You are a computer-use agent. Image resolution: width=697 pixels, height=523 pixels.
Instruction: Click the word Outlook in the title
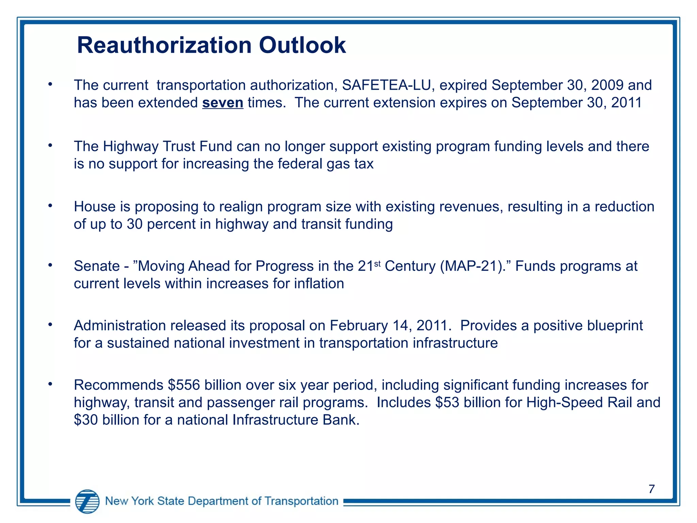(x=302, y=45)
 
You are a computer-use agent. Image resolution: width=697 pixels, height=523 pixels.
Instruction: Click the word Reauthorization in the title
(x=164, y=45)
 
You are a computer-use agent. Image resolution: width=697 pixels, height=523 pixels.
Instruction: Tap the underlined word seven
(x=223, y=103)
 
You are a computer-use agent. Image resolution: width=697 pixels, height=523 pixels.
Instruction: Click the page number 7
(x=651, y=489)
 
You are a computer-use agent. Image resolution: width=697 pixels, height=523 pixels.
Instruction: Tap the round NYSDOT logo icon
(x=87, y=501)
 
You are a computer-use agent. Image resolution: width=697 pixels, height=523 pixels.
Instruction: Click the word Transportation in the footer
(x=301, y=501)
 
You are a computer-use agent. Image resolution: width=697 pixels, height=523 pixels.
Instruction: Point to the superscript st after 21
(x=377, y=263)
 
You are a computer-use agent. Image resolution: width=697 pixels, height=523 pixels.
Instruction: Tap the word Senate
(x=97, y=266)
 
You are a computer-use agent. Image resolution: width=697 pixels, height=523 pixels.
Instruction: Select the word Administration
(x=120, y=326)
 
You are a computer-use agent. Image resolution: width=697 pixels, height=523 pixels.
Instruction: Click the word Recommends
(x=118, y=385)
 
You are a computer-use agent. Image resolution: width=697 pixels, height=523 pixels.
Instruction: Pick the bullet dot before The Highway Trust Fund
(x=50, y=145)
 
